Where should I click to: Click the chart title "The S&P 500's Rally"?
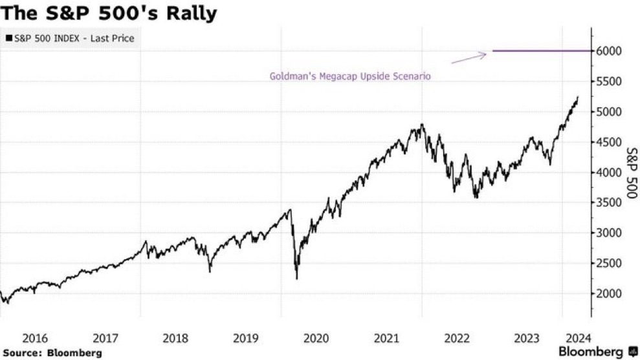tap(109, 13)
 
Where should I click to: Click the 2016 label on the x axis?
tap(35, 337)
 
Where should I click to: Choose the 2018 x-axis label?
tap(175, 337)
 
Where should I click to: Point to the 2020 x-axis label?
tap(316, 337)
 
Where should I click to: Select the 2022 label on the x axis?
tap(457, 337)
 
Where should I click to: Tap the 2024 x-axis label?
tap(577, 337)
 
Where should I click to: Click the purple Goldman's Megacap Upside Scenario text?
tap(350, 76)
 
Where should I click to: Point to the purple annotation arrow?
tap(469, 58)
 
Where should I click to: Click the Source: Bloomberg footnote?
tap(52, 353)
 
